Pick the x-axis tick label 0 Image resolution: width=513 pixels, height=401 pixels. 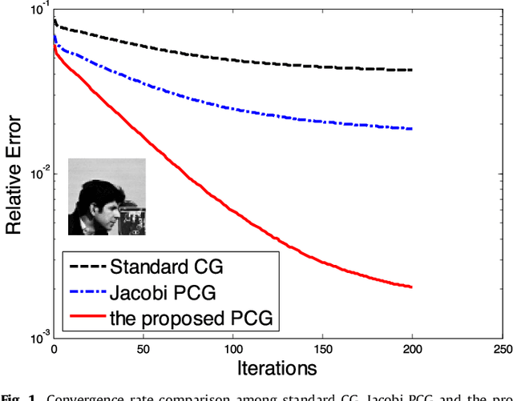(53, 350)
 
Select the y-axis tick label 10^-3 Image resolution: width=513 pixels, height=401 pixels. (34, 337)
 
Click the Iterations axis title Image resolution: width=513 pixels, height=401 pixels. (277, 369)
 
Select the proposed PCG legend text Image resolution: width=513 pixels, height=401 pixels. (191, 319)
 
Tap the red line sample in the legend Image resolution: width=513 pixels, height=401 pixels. (88, 319)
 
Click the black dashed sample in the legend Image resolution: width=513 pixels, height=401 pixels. (88, 266)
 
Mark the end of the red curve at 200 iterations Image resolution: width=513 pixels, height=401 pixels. (411, 287)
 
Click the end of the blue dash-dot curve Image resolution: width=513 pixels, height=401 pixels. (411, 129)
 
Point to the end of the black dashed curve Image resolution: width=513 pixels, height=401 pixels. (411, 70)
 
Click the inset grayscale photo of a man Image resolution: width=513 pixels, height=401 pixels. (106, 197)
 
